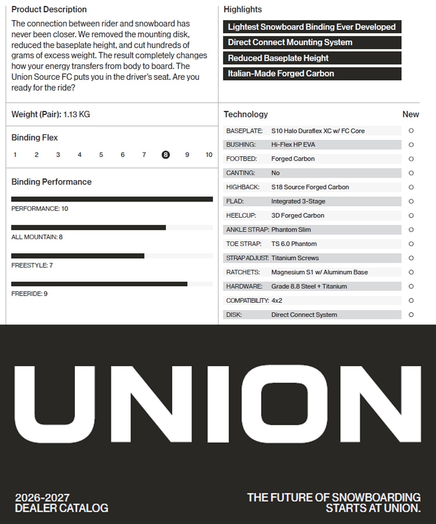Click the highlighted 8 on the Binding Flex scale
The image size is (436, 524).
165,155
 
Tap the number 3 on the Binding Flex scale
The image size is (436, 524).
58,155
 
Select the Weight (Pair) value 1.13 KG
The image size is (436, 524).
76,114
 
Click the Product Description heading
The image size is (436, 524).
49,9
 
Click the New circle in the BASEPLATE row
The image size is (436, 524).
411,131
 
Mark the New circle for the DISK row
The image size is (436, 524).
411,315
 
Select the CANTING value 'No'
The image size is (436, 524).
275,173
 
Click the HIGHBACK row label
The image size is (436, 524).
243,187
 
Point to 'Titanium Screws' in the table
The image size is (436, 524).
295,258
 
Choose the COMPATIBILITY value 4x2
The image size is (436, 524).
276,300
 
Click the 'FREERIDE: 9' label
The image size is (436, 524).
29,294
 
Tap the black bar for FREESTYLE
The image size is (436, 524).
78,256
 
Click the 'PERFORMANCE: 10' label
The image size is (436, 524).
40,209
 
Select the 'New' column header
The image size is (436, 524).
410,114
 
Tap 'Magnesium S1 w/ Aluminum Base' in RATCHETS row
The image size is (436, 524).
319,272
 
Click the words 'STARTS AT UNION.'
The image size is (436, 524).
373,508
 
